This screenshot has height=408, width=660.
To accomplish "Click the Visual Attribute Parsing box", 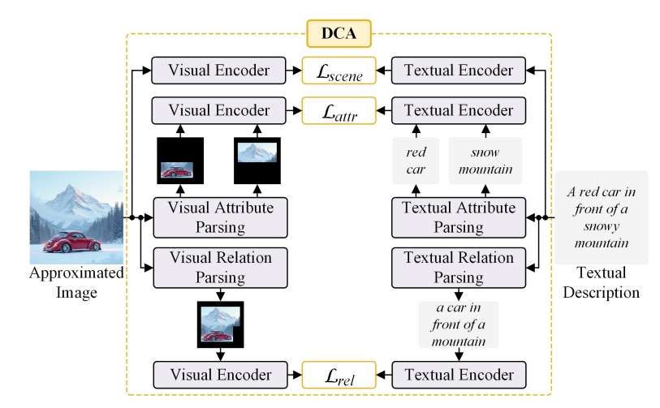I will click(x=219, y=217).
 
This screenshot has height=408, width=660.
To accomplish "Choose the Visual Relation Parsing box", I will click(x=219, y=267).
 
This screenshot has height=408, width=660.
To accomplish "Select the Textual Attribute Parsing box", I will click(x=459, y=217).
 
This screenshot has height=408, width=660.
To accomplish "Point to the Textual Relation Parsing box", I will click(x=459, y=267).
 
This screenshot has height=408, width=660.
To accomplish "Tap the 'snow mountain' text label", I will click(x=485, y=161).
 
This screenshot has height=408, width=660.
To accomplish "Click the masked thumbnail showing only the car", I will click(x=180, y=161).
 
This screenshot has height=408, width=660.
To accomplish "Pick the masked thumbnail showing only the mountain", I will click(x=257, y=161).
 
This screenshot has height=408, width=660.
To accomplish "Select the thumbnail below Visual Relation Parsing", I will click(x=219, y=323).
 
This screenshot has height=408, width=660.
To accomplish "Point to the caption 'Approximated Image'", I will click(x=76, y=281).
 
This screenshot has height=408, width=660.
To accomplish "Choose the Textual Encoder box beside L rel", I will click(x=459, y=376).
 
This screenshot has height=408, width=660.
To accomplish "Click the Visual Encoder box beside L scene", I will click(x=219, y=71).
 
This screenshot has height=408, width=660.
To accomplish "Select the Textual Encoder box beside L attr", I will click(x=459, y=110).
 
